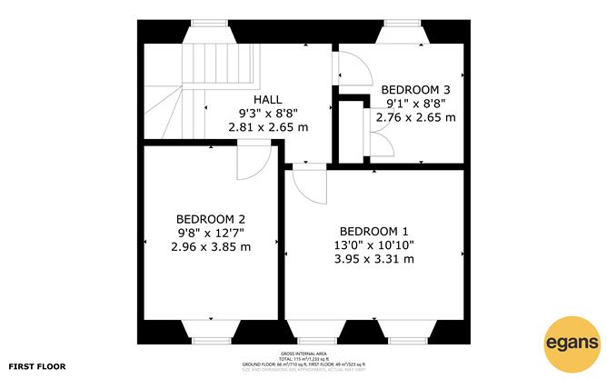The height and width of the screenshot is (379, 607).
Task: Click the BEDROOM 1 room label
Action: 374,230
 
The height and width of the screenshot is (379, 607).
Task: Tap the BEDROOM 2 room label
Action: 211,219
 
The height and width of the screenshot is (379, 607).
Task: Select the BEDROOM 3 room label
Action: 415,89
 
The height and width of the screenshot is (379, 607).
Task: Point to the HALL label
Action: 267,100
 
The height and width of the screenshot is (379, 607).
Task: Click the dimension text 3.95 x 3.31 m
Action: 374,259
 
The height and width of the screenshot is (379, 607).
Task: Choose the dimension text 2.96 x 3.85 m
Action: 211,246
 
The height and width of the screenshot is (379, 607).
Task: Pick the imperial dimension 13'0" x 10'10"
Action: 374,244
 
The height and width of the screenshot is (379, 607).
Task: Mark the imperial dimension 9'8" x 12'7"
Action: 211,233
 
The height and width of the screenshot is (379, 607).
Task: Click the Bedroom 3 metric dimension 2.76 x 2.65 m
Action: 415,117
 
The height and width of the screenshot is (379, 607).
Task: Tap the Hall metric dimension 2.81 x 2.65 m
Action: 267,128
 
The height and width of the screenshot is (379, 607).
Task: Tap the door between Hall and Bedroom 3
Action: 349,67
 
